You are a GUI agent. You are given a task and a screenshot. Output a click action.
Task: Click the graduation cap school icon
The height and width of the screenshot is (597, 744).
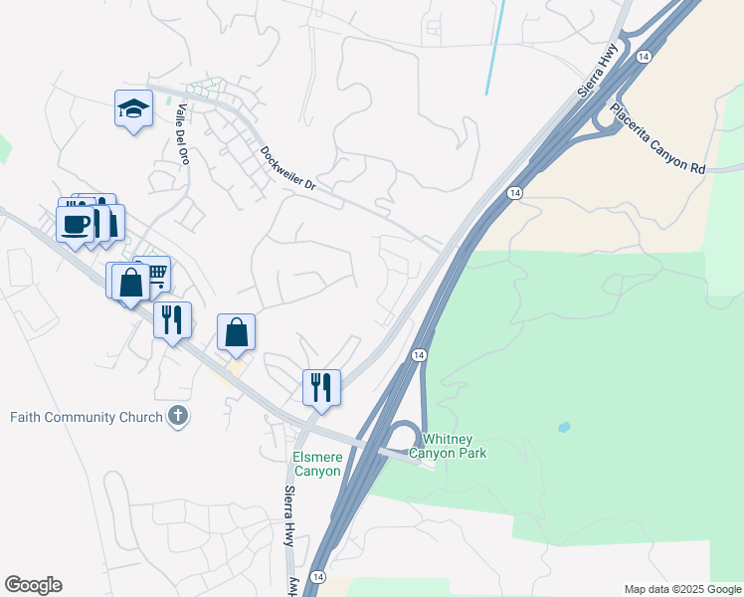132,108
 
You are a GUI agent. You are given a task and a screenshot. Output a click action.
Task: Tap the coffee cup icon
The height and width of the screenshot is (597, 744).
76,224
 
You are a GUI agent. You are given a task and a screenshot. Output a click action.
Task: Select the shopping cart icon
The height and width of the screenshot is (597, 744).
153,274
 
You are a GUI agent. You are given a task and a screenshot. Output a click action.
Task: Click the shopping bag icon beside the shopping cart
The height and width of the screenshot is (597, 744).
130,282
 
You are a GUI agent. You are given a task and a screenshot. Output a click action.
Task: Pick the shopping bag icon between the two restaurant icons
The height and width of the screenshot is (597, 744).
236,332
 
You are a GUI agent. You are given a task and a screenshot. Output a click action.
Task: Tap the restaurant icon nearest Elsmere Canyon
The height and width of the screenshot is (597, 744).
321,386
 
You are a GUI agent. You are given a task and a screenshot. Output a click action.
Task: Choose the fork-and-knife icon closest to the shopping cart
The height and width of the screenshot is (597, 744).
172,319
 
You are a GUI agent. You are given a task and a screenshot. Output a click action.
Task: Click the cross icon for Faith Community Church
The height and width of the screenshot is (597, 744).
178,416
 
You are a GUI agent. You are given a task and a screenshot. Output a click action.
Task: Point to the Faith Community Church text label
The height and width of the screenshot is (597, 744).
86,417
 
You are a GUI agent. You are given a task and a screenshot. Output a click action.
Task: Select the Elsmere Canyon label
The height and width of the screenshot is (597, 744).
316,464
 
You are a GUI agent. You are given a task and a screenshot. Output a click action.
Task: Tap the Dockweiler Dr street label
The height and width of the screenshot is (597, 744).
287,169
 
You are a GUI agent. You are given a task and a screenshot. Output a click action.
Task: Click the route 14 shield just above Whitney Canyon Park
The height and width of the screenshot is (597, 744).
419,355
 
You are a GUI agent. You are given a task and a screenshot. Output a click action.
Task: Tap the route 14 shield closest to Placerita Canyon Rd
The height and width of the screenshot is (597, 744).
645,57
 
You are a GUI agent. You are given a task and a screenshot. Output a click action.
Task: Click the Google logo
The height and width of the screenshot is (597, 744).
33,585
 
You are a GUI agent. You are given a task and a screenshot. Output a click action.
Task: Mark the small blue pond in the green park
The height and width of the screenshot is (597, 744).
565,427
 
